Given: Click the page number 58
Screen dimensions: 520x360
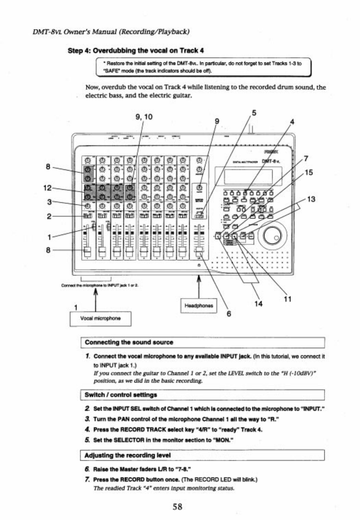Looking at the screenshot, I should pos(177,506).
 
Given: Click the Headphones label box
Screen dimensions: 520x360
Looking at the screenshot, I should pos(199,305).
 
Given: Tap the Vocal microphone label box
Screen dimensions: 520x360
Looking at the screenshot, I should pos(100,318).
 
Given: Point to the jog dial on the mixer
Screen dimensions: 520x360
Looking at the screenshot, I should pos(273,236).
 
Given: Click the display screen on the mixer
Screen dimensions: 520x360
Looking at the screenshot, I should pos(248,176).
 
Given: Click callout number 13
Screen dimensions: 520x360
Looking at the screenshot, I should pos(311,199).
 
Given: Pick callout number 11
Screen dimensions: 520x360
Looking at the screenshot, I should pos(288,299).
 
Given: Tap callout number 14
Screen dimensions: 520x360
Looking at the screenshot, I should pos(258,304).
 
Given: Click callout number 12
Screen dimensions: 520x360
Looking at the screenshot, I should pos(47,188).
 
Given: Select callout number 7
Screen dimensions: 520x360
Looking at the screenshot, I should pos(306,158).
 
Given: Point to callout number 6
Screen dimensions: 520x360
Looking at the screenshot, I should pos(229,314).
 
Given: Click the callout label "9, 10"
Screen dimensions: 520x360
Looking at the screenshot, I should pos(144,117).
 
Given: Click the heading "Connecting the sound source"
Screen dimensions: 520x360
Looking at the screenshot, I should pos(129,342).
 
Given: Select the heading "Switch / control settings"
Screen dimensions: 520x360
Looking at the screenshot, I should pos(121,395).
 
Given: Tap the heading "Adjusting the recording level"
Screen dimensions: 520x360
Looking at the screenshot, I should pos(127,455).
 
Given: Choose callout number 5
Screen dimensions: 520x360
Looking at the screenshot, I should pos(254,113).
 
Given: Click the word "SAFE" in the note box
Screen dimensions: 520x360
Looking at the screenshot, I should pos(104,71).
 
